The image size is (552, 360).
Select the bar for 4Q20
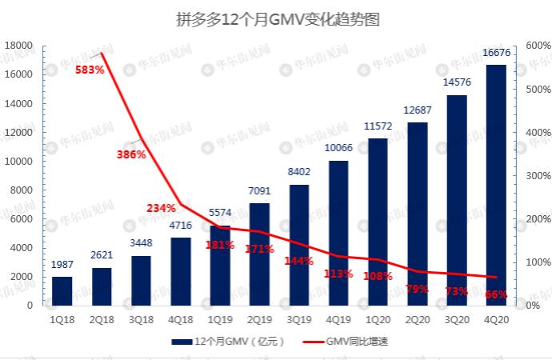(496, 184)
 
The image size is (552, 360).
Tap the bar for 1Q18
(62, 291)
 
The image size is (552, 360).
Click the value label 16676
(496, 53)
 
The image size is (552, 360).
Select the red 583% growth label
(89, 70)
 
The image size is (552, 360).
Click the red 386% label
(130, 154)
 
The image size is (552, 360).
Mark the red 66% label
(496, 294)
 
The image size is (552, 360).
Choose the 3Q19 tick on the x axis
(299, 318)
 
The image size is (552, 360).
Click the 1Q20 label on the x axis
(378, 318)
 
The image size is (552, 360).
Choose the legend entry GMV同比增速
(356, 342)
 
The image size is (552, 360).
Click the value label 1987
(62, 265)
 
